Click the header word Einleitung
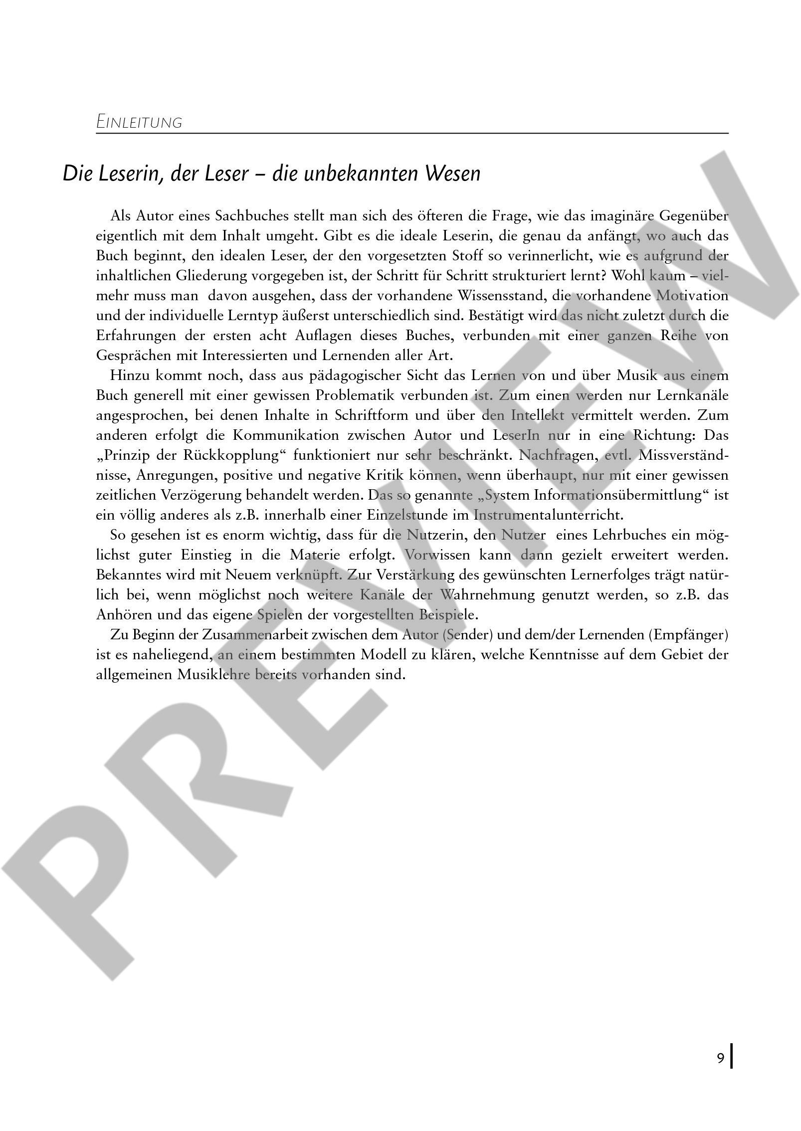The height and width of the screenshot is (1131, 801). [139, 122]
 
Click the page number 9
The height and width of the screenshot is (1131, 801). [720, 1072]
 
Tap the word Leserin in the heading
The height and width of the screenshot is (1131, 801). [130, 174]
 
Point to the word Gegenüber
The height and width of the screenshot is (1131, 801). [693, 216]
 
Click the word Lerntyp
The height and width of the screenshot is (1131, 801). [268, 316]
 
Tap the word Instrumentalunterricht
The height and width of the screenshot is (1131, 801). [548, 515]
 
